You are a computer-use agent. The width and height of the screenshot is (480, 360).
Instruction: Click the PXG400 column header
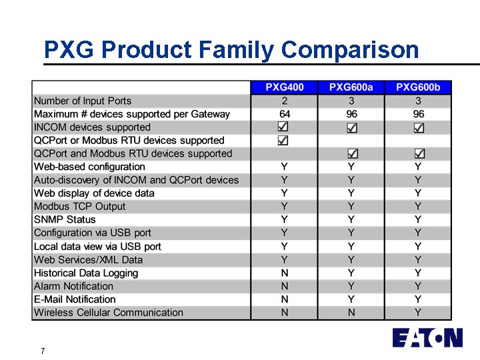[x=285, y=87]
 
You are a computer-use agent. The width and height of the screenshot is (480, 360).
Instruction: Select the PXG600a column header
[x=351, y=87]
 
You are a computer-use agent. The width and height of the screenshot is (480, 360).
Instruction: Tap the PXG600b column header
[x=418, y=87]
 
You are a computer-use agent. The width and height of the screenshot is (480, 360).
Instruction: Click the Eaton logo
[x=427, y=337]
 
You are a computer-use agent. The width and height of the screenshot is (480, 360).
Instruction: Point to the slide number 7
[x=43, y=351]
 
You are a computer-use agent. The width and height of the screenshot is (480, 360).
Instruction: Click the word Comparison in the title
[x=350, y=49]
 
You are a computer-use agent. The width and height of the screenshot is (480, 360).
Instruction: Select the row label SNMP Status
[x=65, y=219]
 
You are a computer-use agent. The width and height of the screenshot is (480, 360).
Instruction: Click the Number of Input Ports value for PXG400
[x=285, y=101]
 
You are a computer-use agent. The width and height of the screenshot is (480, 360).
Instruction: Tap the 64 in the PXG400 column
[x=285, y=114]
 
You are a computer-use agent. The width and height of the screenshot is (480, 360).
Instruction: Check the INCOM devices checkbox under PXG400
[x=283, y=127]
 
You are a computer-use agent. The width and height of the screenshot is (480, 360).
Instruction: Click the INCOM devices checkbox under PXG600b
[x=419, y=127]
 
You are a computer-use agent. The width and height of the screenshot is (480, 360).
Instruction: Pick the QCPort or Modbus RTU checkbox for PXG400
[x=283, y=140]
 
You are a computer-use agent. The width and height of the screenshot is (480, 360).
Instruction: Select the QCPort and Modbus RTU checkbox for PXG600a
[x=353, y=153]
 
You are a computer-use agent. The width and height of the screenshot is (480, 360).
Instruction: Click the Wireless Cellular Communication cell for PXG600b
[x=418, y=312]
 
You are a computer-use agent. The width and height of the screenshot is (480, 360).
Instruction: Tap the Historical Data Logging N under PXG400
[x=285, y=273]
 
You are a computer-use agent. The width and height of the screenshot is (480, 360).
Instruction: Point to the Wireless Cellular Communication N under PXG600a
[x=351, y=312]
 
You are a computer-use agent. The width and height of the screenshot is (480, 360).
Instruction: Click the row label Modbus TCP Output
[x=79, y=206]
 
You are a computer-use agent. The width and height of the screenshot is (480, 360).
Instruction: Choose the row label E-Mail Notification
[x=75, y=299]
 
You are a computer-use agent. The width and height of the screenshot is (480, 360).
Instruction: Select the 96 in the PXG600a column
[x=351, y=114]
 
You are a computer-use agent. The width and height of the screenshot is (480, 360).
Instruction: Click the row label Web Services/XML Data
[x=88, y=259]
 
